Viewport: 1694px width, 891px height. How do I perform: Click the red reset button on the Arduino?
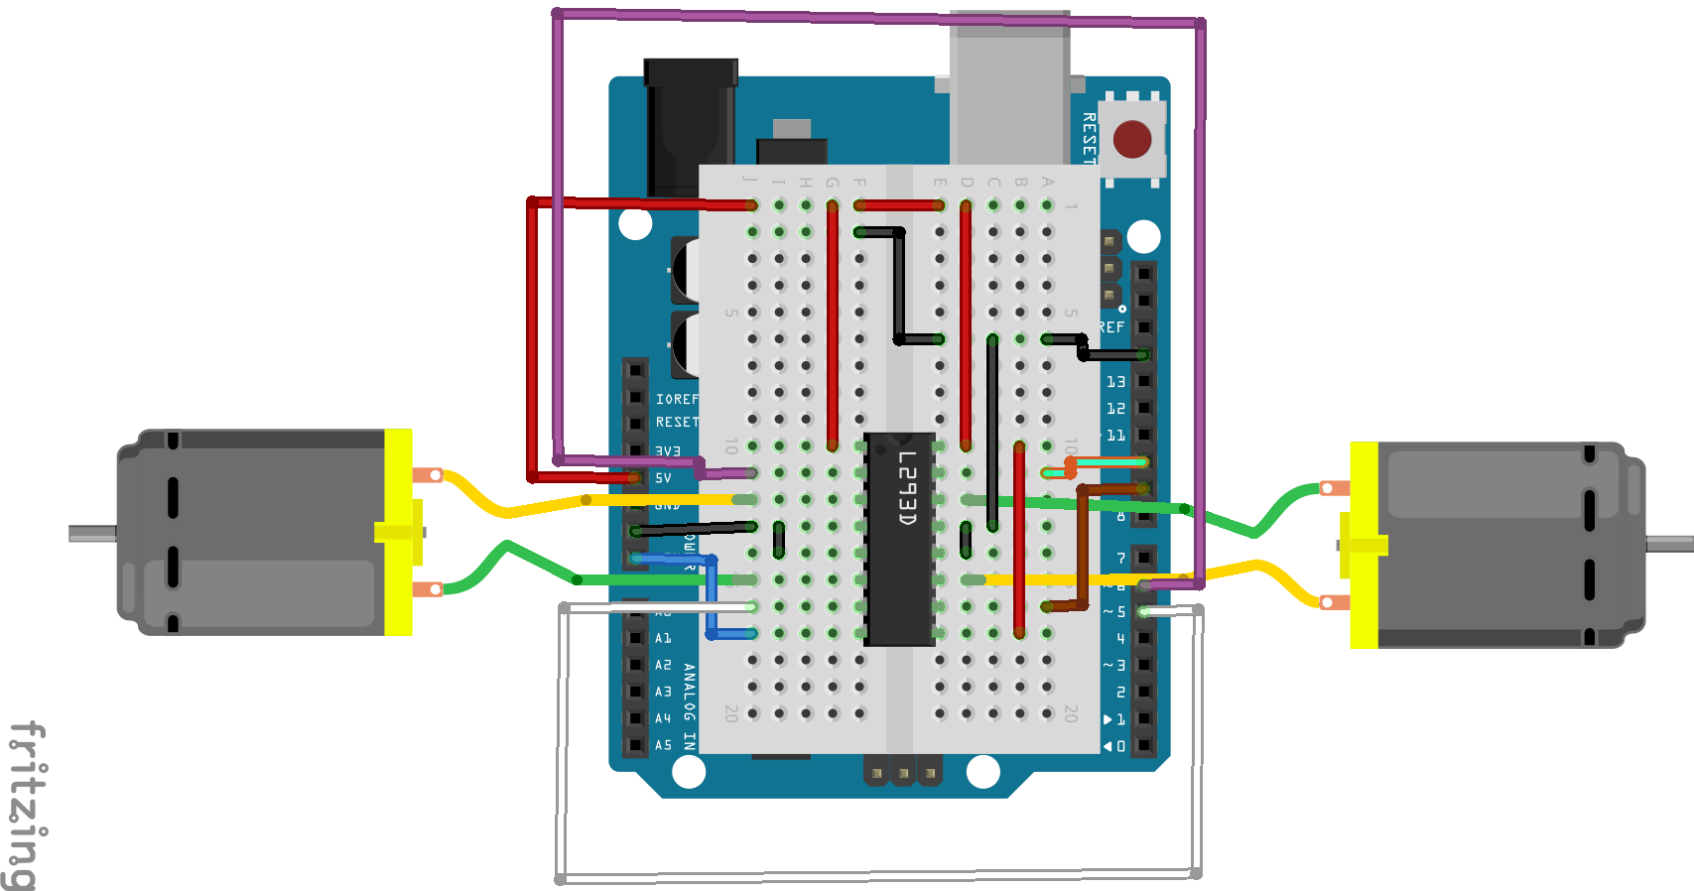tap(1132, 140)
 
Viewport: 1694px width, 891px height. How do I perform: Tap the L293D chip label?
tap(906, 488)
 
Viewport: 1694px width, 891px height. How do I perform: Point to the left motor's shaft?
tap(92, 534)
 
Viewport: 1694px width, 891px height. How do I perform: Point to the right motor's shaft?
tap(1669, 544)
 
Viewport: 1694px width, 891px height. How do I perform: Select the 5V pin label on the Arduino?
tap(663, 478)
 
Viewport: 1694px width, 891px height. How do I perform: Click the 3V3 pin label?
tap(668, 451)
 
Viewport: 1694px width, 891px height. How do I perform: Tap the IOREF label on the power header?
tap(677, 399)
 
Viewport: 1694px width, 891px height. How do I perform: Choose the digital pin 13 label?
tap(1116, 382)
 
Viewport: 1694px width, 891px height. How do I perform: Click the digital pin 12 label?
tap(1116, 409)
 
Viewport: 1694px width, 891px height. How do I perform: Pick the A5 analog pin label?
tap(663, 745)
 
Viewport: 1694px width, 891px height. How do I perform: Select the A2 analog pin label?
tap(663, 665)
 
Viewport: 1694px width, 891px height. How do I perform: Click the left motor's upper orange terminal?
tap(429, 475)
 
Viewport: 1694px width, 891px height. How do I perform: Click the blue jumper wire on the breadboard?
tap(712, 595)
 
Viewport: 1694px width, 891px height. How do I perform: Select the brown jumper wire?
tap(1083, 546)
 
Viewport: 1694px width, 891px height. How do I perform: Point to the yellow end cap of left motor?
tap(398, 532)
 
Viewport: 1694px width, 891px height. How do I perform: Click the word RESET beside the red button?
tap(1089, 138)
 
